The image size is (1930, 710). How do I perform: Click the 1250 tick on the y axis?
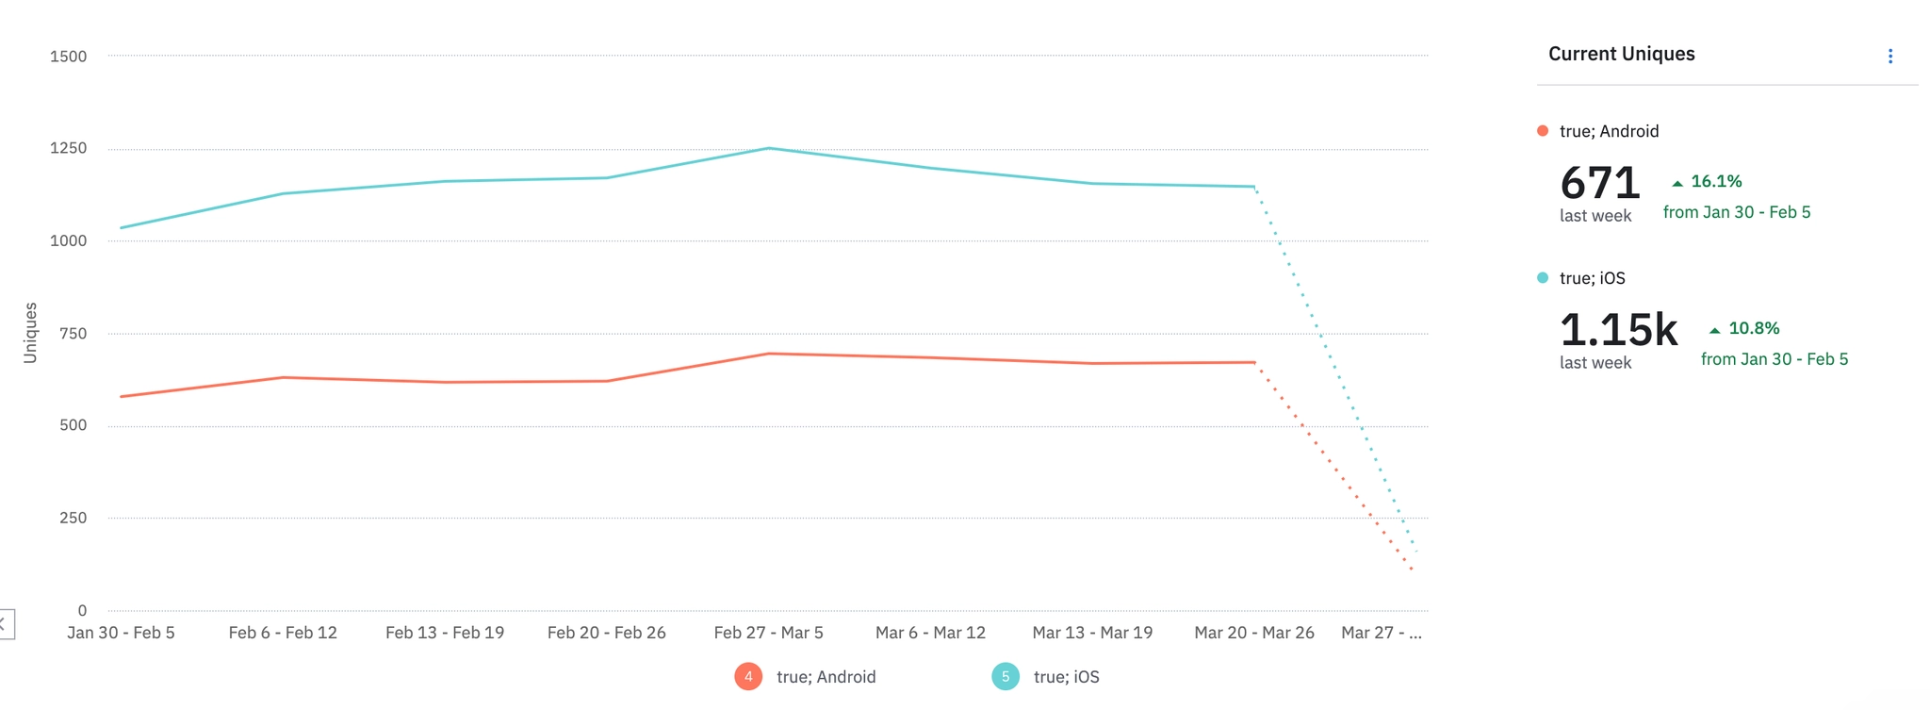[x=68, y=148]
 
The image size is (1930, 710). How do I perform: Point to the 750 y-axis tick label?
[x=73, y=333]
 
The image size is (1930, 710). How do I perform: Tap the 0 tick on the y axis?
[x=82, y=610]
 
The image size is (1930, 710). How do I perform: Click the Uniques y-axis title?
[x=30, y=333]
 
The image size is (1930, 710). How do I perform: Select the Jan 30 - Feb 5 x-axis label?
[x=121, y=633]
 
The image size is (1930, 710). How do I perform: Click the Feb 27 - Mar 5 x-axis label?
[x=768, y=633]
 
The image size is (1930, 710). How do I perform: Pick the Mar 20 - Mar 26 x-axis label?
[x=1253, y=633]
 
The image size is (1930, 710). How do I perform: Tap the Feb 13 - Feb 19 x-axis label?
[x=445, y=633]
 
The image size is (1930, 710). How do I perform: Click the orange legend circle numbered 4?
[x=748, y=676]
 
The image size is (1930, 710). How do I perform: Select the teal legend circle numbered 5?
[x=1006, y=676]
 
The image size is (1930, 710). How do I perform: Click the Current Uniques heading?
[x=1621, y=54]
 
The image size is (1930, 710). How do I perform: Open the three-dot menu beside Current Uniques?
[x=1889, y=57]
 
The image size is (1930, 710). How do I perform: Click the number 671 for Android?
[x=1600, y=182]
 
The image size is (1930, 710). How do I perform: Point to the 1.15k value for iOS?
[x=1618, y=329]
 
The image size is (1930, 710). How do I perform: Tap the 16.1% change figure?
[x=1716, y=181]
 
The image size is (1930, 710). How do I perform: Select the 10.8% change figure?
[x=1754, y=328]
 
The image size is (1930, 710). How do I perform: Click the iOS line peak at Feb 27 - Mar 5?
[x=769, y=148]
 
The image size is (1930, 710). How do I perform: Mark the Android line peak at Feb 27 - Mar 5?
[x=769, y=354]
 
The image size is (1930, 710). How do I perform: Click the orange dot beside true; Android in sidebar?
[x=1543, y=131]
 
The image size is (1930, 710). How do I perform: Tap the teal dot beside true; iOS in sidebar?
[x=1543, y=278]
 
